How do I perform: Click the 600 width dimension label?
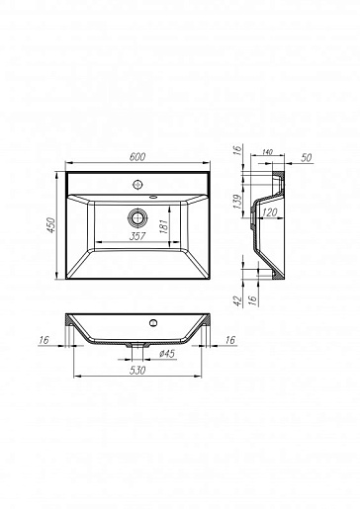coord(137,157)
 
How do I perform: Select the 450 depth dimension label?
coord(51,225)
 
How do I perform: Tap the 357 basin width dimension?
coord(137,236)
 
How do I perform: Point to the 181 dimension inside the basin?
coord(164,226)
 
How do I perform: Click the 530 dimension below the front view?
coord(137,371)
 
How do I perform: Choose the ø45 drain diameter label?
coord(167,354)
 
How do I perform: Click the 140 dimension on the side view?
coord(267,152)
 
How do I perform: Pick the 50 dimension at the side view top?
coord(307,158)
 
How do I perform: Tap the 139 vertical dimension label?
coord(237,202)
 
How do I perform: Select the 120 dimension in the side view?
coord(270,212)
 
